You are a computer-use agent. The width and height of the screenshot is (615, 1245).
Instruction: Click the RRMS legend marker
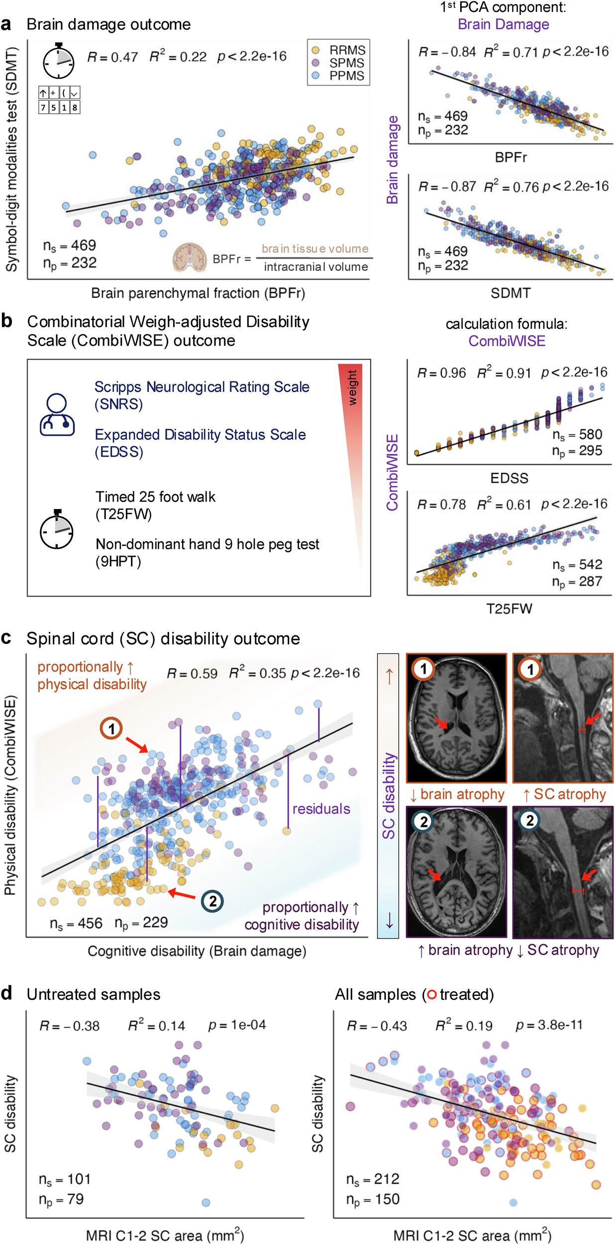click(x=315, y=50)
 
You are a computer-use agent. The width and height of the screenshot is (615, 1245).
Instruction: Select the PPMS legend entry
click(x=346, y=76)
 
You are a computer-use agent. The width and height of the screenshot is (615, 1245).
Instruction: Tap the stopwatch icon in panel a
click(x=58, y=62)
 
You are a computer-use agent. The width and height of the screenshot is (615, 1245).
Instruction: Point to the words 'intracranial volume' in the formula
click(x=316, y=267)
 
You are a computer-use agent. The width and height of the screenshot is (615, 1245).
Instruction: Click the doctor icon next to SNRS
click(x=57, y=415)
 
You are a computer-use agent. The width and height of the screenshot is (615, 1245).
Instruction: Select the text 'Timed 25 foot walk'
click(x=155, y=497)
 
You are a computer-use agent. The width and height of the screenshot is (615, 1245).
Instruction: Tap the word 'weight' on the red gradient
click(x=352, y=388)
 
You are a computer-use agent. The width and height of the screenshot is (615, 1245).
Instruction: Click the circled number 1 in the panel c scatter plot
click(x=111, y=729)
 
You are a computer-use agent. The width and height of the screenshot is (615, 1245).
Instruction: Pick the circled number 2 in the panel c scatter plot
click(x=212, y=901)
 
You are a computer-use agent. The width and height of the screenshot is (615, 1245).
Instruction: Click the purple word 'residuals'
click(x=321, y=809)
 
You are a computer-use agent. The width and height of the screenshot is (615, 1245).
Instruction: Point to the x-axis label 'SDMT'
click(x=511, y=293)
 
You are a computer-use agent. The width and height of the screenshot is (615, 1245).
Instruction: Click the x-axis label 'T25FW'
click(x=509, y=609)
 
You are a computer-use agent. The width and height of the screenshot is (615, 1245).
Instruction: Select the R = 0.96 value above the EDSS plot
click(x=441, y=373)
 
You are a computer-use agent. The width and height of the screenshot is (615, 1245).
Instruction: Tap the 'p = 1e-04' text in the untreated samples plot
click(x=237, y=1025)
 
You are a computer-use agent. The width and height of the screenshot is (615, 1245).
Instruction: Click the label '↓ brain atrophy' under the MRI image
click(x=457, y=794)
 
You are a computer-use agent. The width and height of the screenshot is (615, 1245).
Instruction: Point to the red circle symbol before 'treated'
click(x=431, y=995)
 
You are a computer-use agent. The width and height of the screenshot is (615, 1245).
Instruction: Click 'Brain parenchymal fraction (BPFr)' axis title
click(x=198, y=293)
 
